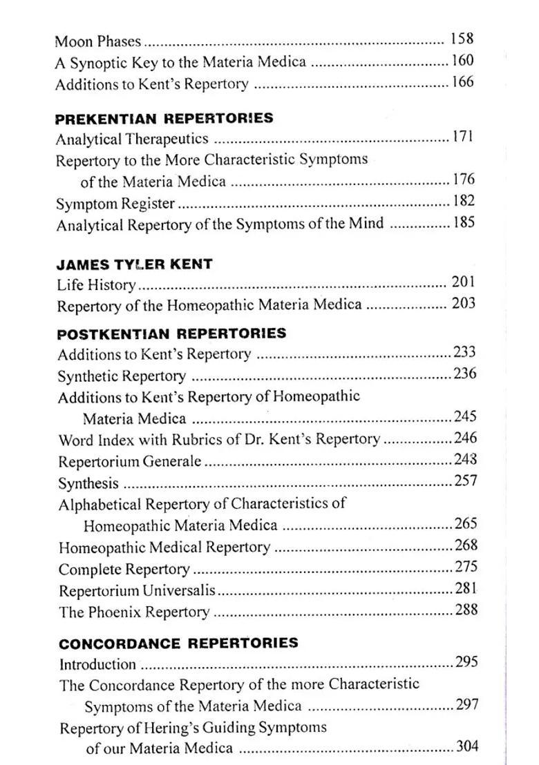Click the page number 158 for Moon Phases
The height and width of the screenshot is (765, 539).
[x=462, y=39]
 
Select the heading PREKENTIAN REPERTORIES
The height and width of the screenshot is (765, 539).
[x=164, y=118]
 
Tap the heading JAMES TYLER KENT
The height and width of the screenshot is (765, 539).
[x=134, y=264]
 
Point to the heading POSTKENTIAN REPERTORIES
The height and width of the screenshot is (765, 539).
[x=171, y=333]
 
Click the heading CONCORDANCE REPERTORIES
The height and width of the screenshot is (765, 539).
[x=178, y=643]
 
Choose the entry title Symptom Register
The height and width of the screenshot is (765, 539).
[x=115, y=204]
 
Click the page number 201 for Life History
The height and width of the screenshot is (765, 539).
[x=463, y=282]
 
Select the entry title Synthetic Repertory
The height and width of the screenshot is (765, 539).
[x=122, y=376]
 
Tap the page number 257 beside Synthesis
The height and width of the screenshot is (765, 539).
[x=465, y=481]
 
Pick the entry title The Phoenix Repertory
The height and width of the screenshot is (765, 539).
[x=134, y=612]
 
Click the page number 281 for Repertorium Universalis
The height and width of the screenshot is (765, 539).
[x=466, y=589]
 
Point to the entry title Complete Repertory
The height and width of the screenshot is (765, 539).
[x=124, y=570]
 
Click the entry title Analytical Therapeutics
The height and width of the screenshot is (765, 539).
[x=132, y=139]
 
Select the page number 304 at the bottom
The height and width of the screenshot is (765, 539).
[x=467, y=746]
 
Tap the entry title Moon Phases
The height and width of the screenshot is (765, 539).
[x=97, y=41]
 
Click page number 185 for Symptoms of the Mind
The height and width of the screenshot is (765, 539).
[x=464, y=223]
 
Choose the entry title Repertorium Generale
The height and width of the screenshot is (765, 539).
[x=130, y=461]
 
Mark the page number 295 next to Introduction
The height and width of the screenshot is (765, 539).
[x=467, y=662]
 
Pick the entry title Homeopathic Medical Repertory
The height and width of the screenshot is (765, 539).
[x=164, y=548]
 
